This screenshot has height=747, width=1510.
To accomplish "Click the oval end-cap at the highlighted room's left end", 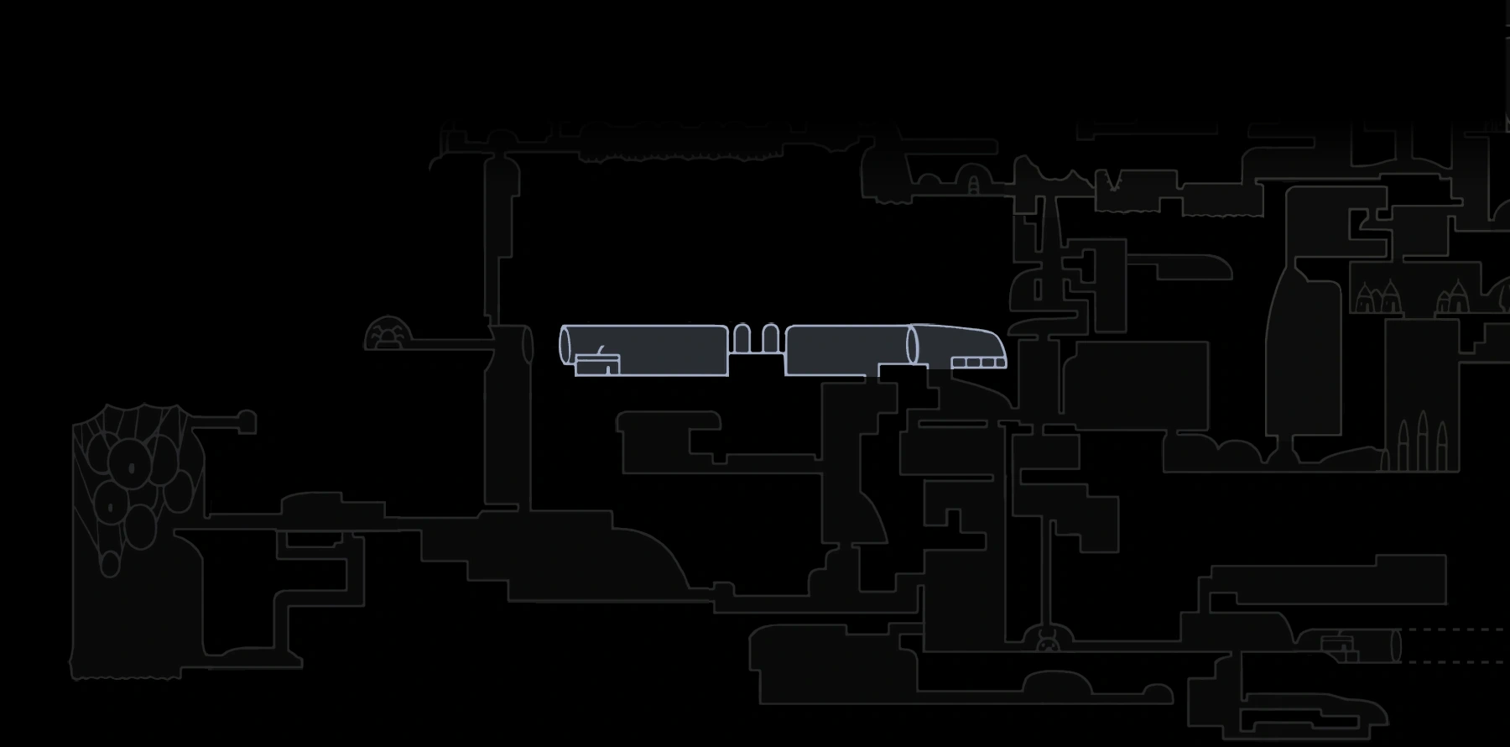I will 565,346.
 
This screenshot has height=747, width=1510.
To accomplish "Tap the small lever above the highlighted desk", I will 600,350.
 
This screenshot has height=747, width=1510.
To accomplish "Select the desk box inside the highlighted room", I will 597,365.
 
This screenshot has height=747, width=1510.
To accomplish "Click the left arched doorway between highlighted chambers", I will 742,338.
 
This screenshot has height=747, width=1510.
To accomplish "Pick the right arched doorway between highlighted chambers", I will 770,338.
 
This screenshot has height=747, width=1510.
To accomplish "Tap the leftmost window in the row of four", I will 959,363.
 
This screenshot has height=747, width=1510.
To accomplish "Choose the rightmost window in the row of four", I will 999,363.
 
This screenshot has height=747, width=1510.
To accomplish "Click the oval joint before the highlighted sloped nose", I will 913,346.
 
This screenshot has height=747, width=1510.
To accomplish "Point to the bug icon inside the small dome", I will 388,338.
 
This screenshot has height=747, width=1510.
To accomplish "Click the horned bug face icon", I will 1047,644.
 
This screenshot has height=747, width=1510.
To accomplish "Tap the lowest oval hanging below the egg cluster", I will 110,563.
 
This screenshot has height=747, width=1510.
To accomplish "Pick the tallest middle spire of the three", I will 1423,441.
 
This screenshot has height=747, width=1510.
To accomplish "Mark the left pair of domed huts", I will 1377,297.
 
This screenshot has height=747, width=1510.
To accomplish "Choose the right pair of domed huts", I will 1454,297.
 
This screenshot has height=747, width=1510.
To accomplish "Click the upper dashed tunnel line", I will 1455,629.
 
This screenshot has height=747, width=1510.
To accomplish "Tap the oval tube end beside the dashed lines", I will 1396,645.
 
